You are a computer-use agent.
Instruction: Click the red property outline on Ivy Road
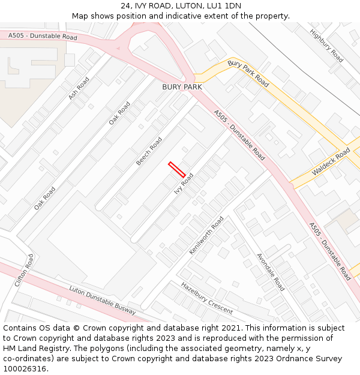pyautogui.click(x=177, y=169)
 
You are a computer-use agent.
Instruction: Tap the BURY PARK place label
pyautogui.click(x=182, y=87)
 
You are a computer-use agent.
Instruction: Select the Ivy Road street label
pyautogui.click(x=184, y=184)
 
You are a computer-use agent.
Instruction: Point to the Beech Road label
pyautogui.click(x=149, y=151)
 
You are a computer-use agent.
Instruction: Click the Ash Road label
pyautogui.click(x=79, y=88)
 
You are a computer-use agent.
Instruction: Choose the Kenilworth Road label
pyautogui.click(x=206, y=235)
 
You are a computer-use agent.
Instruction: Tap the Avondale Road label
pyautogui.click(x=271, y=272)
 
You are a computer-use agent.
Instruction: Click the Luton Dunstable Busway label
pyautogui.click(x=103, y=300)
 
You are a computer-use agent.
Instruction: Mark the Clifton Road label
pyautogui.click(x=25, y=270)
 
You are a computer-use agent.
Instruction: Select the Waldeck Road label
pyautogui.click(x=331, y=163)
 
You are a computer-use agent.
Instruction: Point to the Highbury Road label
pyautogui.click(x=326, y=46)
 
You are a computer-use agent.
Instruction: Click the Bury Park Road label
pyautogui.click(x=248, y=73)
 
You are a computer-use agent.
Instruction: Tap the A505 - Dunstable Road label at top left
pyautogui.click(x=43, y=37)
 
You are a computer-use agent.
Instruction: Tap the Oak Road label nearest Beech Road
pyautogui.click(x=119, y=113)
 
